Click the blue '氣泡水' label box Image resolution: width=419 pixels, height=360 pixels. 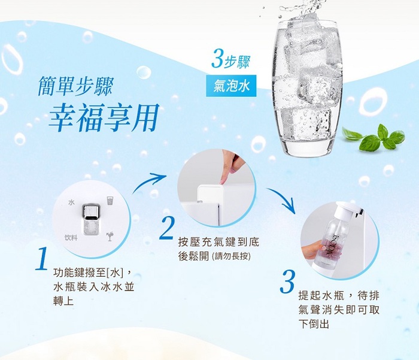point(231,86)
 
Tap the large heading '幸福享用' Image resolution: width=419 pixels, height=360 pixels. point(104,118)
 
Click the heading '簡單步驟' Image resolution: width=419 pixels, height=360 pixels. point(76,86)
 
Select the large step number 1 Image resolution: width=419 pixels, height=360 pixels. point(42,259)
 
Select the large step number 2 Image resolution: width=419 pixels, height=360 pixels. point(167,228)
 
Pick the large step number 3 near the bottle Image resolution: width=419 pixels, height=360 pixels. point(287,282)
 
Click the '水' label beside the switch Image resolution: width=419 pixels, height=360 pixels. point(71,202)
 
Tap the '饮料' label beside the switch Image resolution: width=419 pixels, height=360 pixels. point(71,237)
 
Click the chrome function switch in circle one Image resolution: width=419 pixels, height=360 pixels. point(92,219)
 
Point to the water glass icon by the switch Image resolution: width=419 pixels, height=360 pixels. point(110,200)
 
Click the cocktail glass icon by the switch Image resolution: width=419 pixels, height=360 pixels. point(110,236)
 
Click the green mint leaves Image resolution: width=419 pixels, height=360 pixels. point(375,138)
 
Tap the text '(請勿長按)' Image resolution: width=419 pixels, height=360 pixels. point(231,257)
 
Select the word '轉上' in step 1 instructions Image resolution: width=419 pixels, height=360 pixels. point(63,301)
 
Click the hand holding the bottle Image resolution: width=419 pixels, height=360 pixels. point(312,249)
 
